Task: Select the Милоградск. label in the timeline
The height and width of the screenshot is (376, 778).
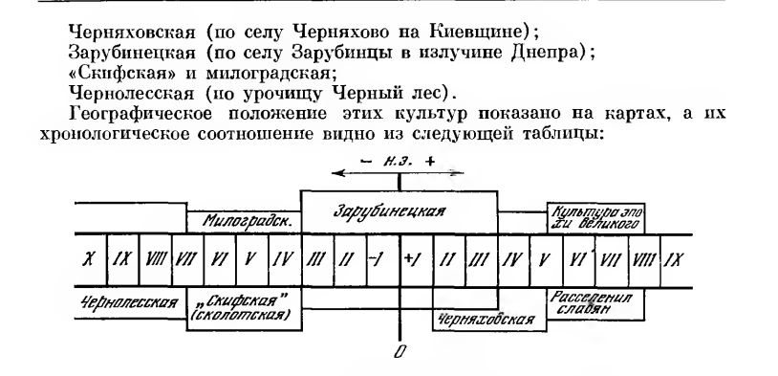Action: (x=244, y=222)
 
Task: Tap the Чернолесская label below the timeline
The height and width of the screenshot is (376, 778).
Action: (x=129, y=302)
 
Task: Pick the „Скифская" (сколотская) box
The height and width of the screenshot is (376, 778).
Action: (x=244, y=309)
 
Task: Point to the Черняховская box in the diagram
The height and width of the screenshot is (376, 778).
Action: (x=489, y=319)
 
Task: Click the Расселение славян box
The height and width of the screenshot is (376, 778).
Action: (x=595, y=303)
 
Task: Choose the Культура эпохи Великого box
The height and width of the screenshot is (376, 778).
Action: (x=595, y=217)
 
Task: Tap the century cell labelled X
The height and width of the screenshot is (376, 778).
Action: (x=91, y=260)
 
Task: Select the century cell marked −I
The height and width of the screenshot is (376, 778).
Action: (x=383, y=260)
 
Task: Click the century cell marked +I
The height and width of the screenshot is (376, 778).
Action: (x=417, y=260)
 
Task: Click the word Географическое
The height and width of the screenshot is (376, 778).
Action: (x=141, y=114)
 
